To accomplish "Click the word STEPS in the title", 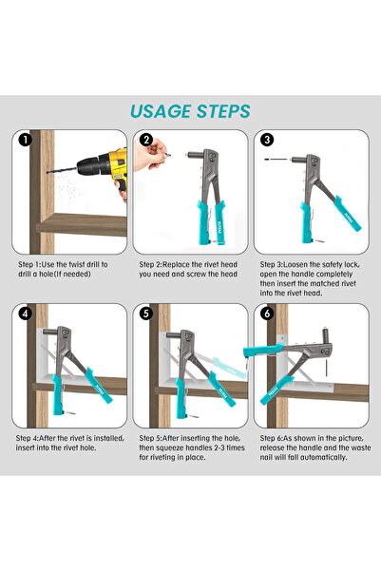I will [222, 111].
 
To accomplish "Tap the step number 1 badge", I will [22, 140].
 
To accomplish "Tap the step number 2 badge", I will [145, 140].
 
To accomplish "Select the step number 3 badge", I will [267, 140].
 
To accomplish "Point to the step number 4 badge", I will [22, 314].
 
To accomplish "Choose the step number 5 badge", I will [145, 314].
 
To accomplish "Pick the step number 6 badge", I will [267, 314].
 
